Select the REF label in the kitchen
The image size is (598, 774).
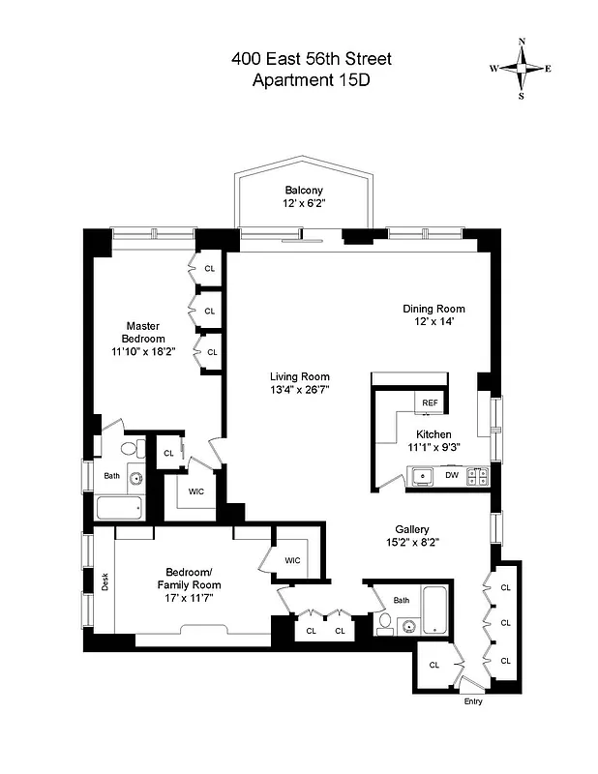[x=428, y=402]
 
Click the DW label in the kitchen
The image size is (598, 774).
[x=451, y=475]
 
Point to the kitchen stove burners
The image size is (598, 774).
[x=477, y=475]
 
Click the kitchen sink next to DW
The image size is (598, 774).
[x=422, y=475]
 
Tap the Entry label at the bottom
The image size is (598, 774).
[x=472, y=701]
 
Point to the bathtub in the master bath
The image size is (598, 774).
[x=118, y=508]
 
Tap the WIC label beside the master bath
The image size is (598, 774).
[x=196, y=491]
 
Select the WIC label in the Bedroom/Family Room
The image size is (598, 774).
[x=292, y=560]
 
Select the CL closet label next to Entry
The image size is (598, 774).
[x=434, y=665]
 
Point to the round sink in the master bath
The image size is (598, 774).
[x=135, y=478]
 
